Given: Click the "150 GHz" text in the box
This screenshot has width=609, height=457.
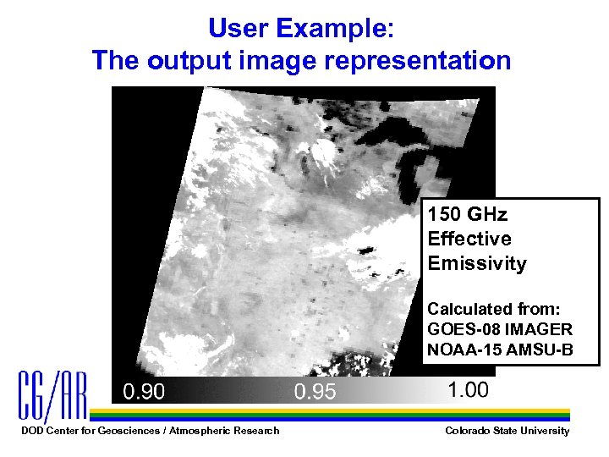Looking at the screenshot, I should click(468, 214).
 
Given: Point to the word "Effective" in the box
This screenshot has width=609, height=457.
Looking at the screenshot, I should click(469, 239).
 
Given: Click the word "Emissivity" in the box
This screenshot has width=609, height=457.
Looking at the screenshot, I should click(477, 263).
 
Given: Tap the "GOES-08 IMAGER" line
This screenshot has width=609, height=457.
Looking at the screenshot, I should click(500, 329).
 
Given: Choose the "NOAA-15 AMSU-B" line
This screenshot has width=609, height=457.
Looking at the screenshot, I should click(500, 349).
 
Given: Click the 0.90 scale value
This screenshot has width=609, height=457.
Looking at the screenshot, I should click(145, 392).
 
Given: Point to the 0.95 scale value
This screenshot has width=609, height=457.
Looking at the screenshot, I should click(315, 392).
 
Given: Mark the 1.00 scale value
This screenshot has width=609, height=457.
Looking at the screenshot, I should click(468, 389).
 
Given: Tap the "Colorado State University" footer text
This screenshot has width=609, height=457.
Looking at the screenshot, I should click(507, 431).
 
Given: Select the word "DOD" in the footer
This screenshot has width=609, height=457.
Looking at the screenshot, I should click(30, 431).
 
